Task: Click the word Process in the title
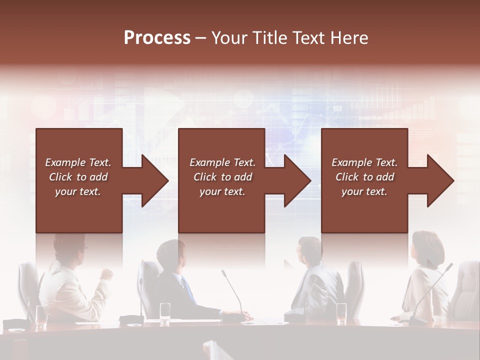(157, 38)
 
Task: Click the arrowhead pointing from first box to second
(154, 181)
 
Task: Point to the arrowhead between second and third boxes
(297, 181)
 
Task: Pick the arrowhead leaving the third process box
(440, 181)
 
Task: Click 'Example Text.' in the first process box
(78, 162)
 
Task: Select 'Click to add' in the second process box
(222, 177)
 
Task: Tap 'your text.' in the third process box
(364, 191)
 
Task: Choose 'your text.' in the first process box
(78, 191)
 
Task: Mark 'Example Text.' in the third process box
(364, 162)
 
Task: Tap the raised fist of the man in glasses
(106, 274)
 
